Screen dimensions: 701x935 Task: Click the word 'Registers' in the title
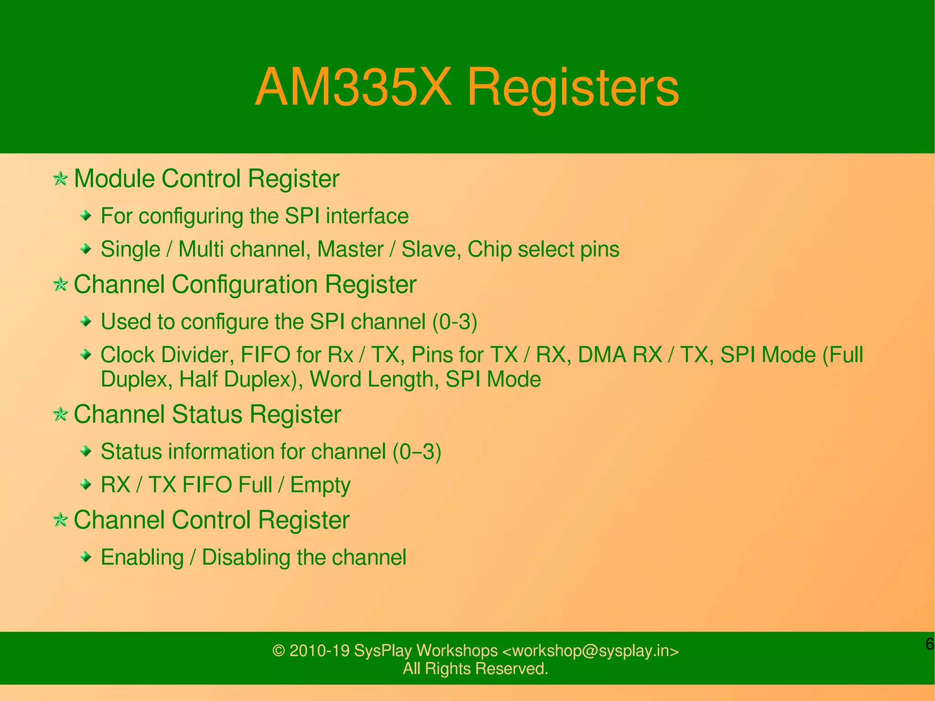pos(573,87)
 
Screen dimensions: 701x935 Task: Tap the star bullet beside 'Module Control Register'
pos(60,179)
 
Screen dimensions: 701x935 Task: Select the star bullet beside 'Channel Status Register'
pos(60,415)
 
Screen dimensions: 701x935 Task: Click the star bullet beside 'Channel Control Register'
pos(60,520)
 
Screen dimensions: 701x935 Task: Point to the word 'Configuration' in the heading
pos(245,285)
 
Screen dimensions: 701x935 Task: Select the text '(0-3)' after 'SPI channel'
pos(455,322)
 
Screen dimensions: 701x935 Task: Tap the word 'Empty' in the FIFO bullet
pos(320,485)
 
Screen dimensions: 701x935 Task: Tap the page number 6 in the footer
pos(929,644)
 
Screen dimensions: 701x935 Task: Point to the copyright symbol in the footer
pos(278,651)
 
